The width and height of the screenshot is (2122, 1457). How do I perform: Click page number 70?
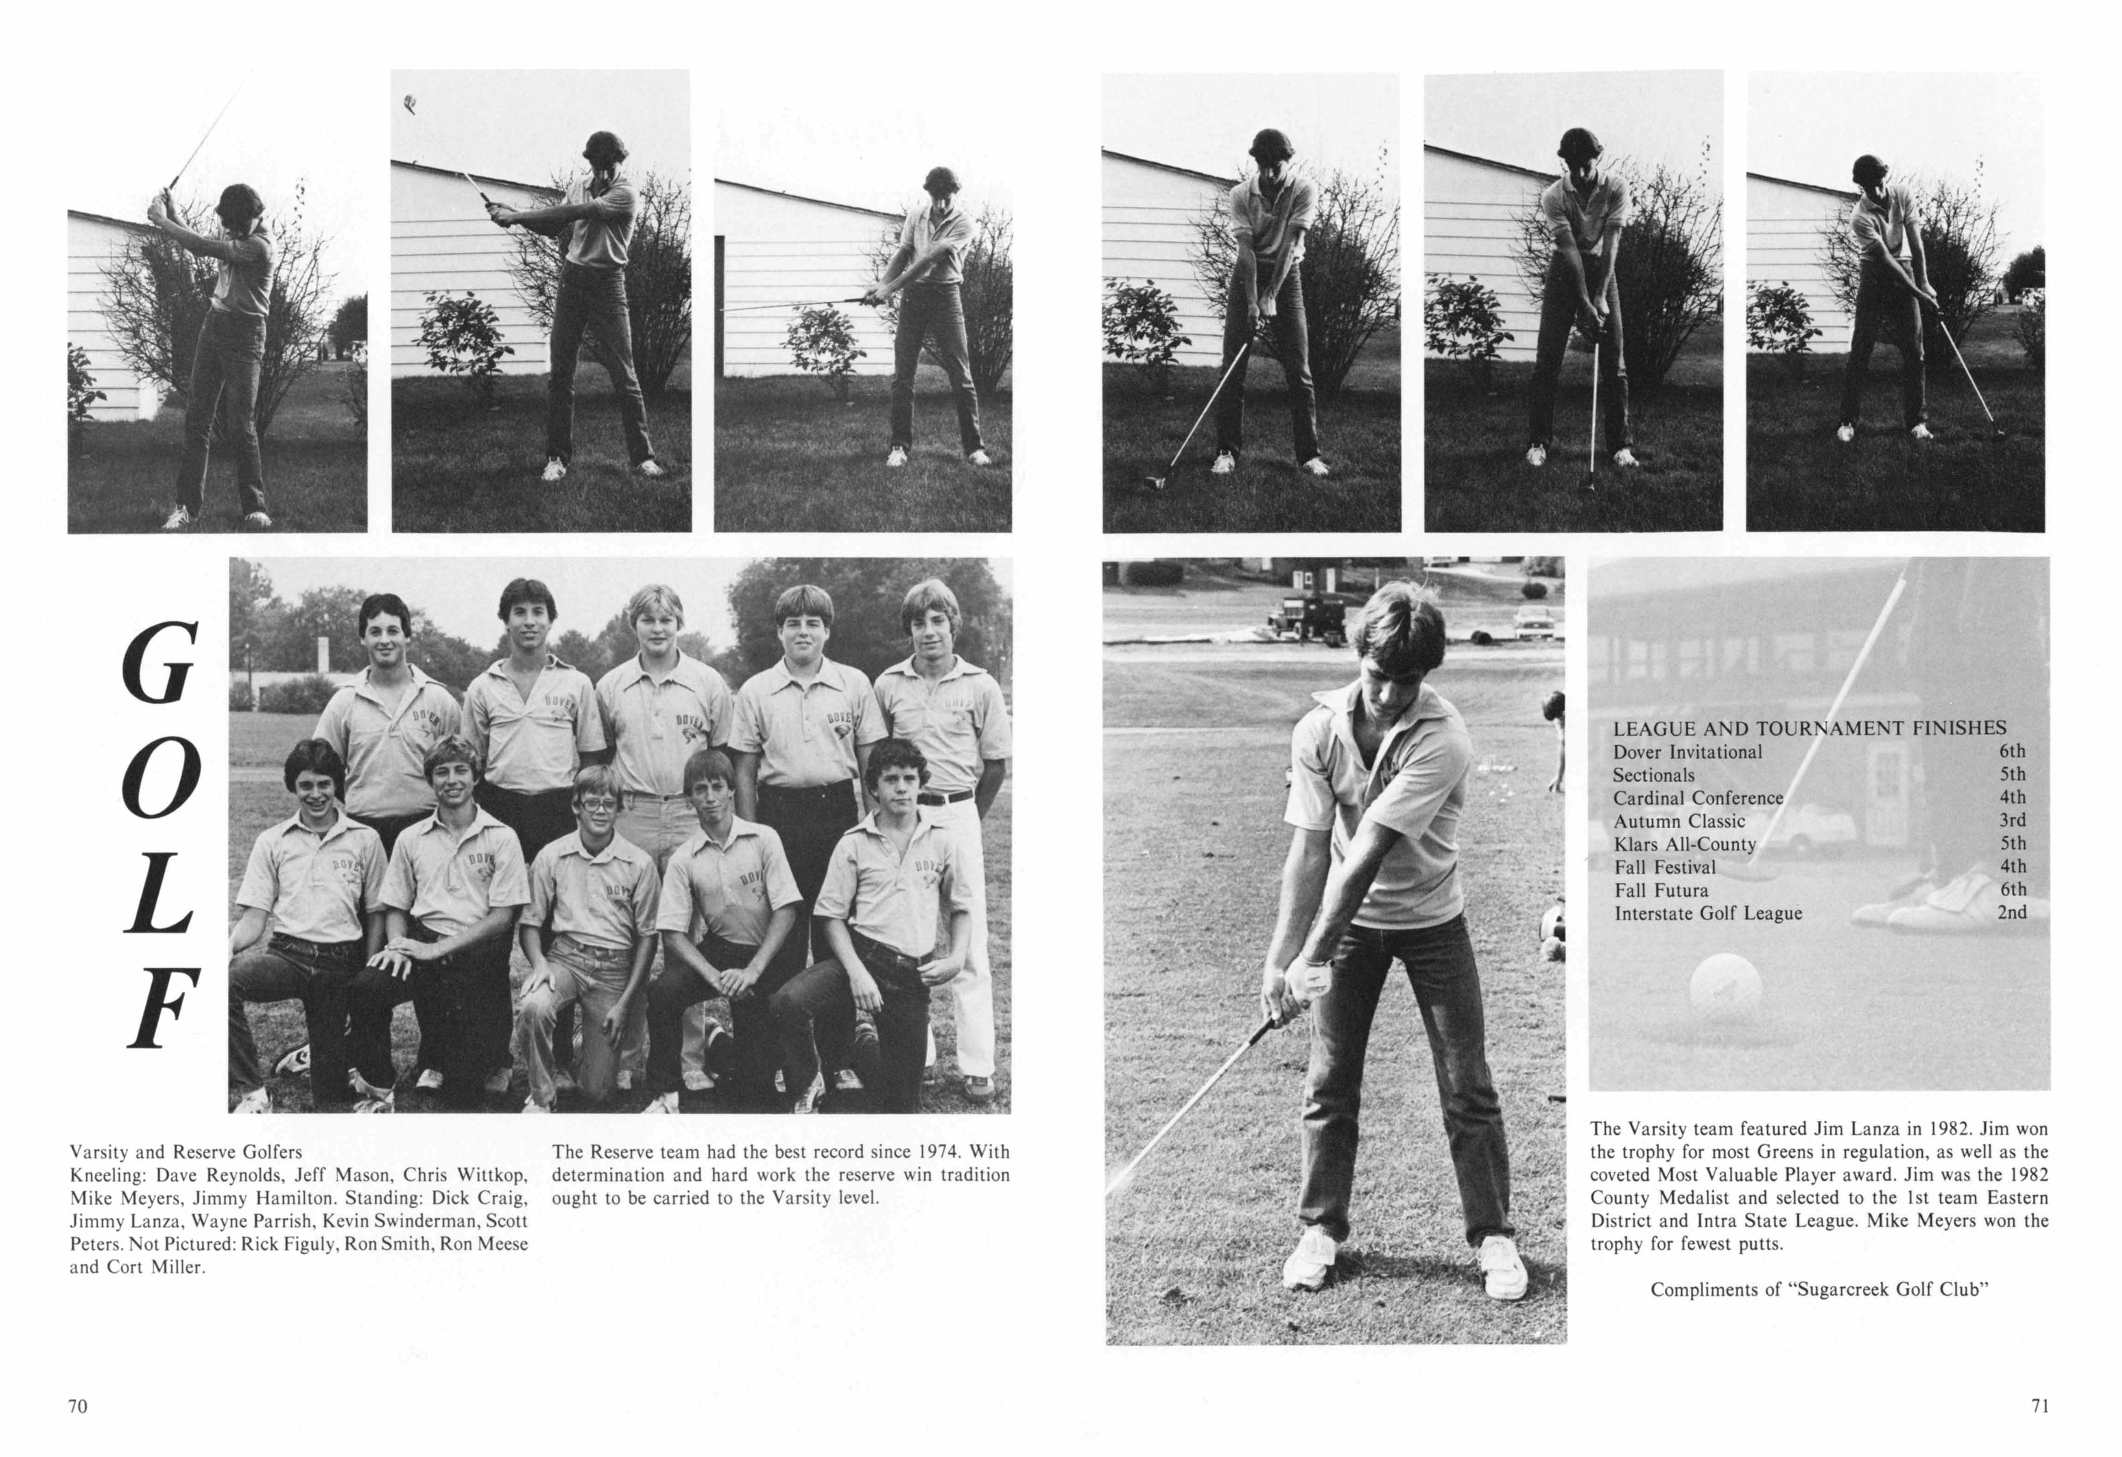[78, 1406]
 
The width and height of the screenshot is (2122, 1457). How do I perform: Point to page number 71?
[2040, 1406]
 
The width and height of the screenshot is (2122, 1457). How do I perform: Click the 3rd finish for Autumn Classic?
[2011, 820]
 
